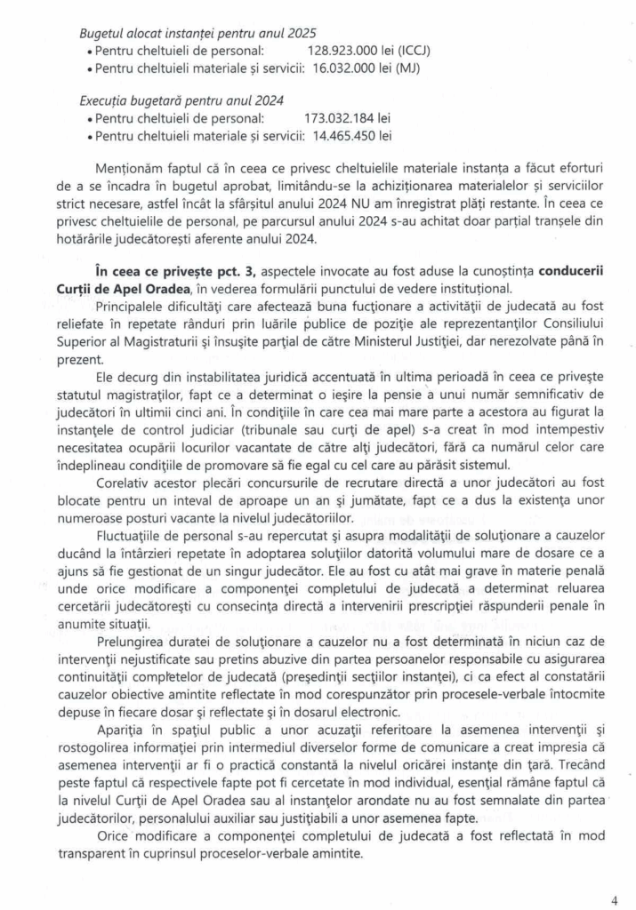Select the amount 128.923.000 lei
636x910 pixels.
pos(349,51)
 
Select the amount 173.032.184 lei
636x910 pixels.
pos(349,118)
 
